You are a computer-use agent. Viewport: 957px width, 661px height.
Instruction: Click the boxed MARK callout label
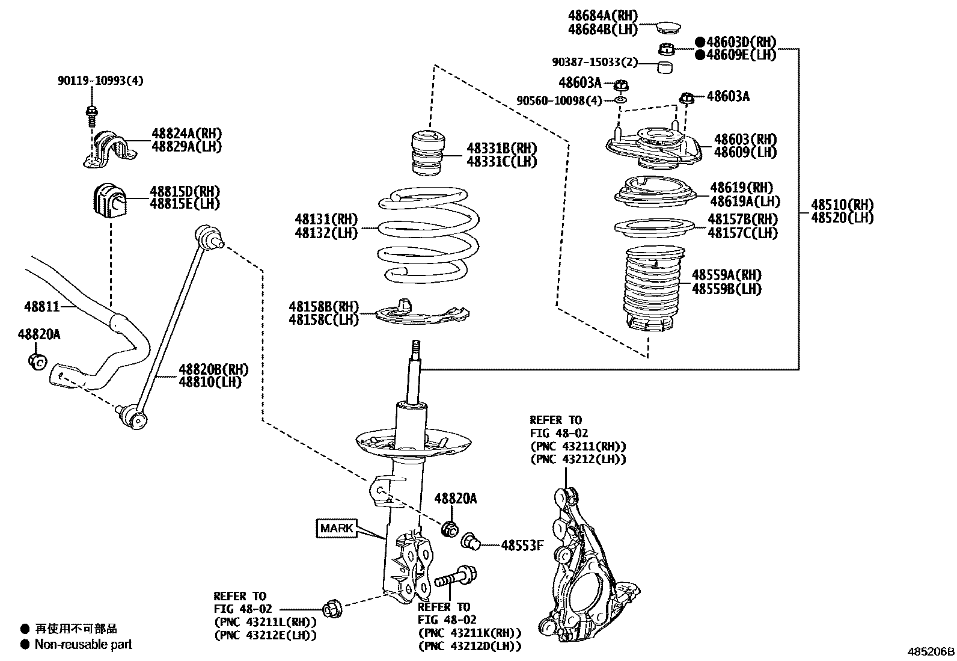coord(337,528)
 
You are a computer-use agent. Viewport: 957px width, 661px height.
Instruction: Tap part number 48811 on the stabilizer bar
coord(42,307)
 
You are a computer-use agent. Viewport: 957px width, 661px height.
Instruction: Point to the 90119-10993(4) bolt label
coord(101,81)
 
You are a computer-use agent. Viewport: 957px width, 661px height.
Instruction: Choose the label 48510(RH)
coord(842,204)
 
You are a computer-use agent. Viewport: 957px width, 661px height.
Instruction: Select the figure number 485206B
coord(931,651)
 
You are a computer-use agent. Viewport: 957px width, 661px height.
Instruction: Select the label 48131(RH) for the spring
coord(326,220)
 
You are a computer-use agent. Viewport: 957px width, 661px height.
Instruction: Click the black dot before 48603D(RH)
coord(700,42)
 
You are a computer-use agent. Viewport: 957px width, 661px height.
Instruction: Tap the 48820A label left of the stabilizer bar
coord(38,335)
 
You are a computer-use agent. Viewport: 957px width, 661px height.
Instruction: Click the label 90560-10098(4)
coord(559,100)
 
